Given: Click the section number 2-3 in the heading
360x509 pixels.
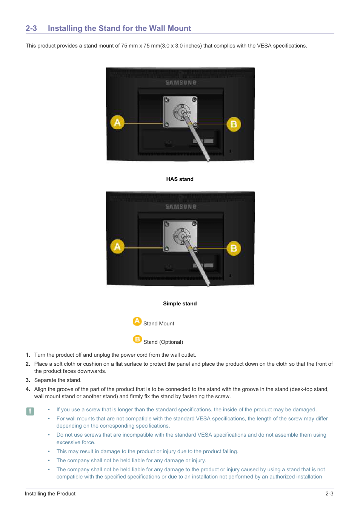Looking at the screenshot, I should click(31, 28).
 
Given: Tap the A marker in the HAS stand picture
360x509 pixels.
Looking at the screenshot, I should click(117, 122).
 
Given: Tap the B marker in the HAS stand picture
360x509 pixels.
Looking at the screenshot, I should click(234, 124).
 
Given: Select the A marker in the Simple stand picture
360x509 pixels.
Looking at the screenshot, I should click(117, 247).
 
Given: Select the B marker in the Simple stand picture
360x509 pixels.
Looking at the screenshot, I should click(234, 248).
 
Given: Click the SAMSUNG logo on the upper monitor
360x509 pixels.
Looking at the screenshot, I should click(181, 83).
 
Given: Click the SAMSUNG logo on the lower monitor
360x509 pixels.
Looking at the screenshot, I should click(181, 207).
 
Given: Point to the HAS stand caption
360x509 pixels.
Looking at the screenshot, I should click(180, 179).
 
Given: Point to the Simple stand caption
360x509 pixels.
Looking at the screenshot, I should click(180, 304).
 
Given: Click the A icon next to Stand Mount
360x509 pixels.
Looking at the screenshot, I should click(137, 321).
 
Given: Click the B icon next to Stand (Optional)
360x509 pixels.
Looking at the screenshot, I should click(137, 339).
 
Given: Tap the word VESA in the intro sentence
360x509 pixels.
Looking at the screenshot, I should click(264, 46).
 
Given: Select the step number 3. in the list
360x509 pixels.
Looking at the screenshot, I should click(28, 380).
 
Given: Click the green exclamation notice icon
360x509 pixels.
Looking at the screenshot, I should click(30, 411).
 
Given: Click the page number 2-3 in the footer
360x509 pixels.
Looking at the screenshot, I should click(329, 494).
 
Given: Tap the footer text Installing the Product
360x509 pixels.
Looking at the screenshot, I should click(50, 494).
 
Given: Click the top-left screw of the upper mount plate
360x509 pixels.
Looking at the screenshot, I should click(167, 100).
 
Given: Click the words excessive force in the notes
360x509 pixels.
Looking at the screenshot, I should click(75, 442).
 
